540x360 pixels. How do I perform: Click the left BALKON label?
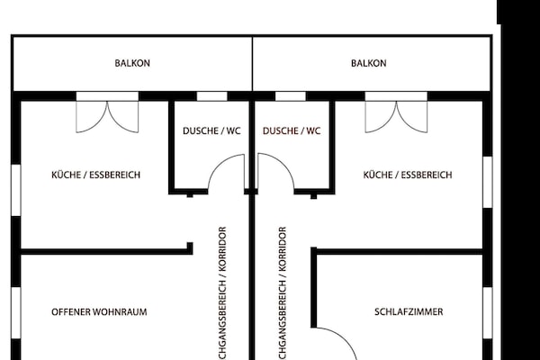132,64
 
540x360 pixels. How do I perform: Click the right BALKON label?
369,64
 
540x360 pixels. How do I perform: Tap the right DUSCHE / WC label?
292,130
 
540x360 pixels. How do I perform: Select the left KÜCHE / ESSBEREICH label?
95,175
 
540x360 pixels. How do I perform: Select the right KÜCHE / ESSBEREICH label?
407,175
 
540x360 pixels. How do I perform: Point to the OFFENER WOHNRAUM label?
99,312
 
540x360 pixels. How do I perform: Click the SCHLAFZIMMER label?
408,312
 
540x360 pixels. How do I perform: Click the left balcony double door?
107,115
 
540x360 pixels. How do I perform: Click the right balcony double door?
397,115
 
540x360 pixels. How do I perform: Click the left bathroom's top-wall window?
211,96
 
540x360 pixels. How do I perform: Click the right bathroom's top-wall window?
290,96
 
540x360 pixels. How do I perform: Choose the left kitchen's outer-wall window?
15,192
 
